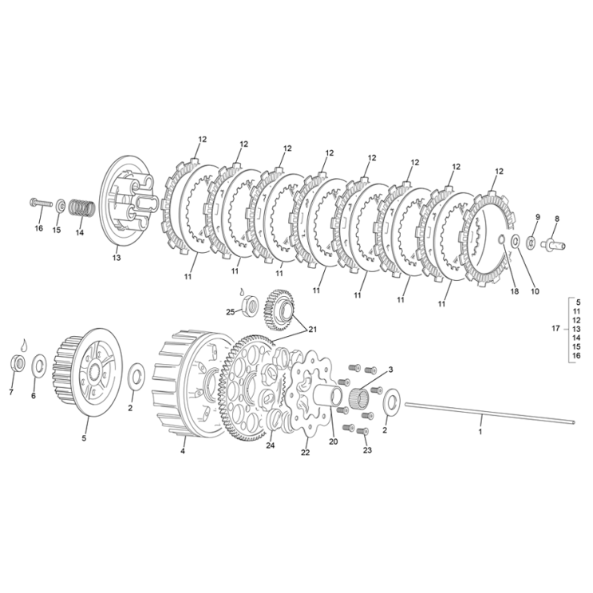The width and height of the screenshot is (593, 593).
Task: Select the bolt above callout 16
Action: pos(40,203)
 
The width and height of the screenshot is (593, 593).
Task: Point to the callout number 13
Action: pos(116,259)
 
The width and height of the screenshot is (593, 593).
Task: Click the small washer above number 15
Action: pos(61,205)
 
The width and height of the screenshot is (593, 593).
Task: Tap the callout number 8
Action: pos(556,218)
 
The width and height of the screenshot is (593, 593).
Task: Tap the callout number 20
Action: pos(333,441)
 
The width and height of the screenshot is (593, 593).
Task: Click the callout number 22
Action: pos(305,453)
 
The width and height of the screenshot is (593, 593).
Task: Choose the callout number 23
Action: pos(366,451)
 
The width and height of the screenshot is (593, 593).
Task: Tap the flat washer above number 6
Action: pos(38,366)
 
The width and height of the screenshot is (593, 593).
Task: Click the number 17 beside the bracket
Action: pos(555,328)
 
